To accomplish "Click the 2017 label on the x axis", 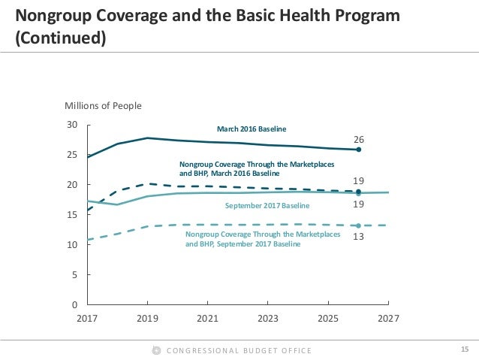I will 89,319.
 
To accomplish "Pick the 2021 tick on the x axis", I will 208,319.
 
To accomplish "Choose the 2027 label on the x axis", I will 387,319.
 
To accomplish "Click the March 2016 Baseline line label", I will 252,129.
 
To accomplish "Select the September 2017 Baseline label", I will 267,204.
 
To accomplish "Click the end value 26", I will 359,140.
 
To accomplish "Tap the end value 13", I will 359,235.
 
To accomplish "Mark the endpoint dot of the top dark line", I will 359,150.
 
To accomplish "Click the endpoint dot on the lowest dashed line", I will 359,225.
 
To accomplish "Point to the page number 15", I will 463,349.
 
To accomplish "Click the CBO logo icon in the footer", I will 156,350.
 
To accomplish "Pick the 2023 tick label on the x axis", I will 268,319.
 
